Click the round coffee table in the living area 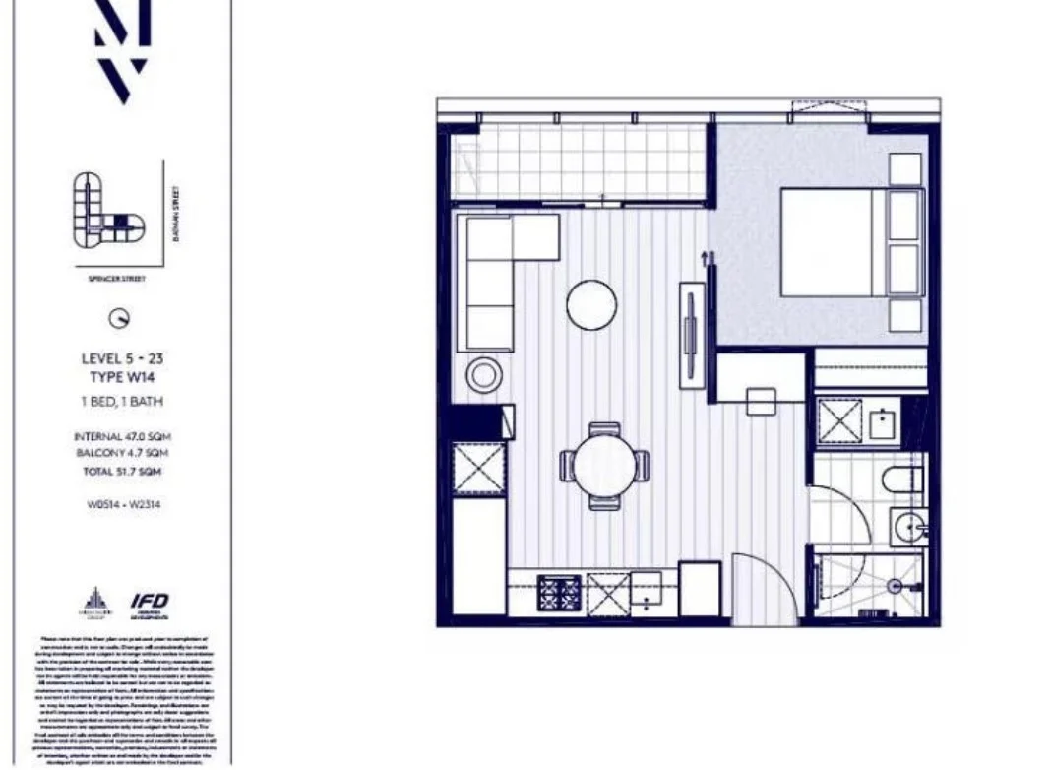click(591, 305)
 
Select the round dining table click(603, 466)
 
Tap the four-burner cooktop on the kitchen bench click(558, 593)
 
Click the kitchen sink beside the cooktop click(646, 588)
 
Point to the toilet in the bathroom click(901, 481)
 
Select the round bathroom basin click(909, 529)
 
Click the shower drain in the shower click(895, 586)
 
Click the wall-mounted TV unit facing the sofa click(692, 334)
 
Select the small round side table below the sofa click(483, 375)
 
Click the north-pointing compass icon click(120, 318)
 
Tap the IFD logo click(150, 602)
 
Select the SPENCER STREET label click(115, 280)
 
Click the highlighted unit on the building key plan click(121, 221)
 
